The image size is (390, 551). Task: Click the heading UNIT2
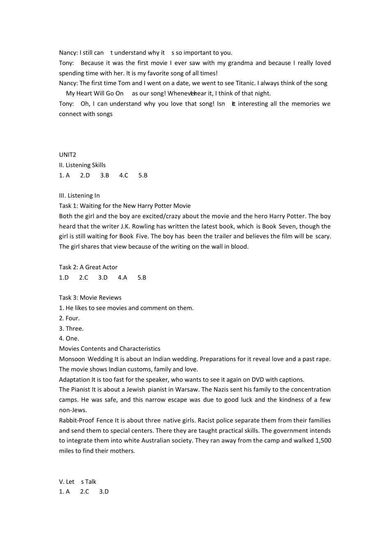click(x=67, y=155)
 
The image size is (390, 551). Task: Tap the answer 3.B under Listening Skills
click(x=105, y=175)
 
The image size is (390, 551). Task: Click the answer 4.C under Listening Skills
click(x=124, y=175)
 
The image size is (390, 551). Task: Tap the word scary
click(x=323, y=237)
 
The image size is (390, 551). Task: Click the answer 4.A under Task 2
click(x=122, y=278)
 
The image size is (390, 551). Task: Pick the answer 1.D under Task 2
click(x=64, y=278)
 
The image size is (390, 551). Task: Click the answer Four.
click(x=73, y=318)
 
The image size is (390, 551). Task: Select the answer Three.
click(x=74, y=328)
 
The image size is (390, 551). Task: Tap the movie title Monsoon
click(x=72, y=359)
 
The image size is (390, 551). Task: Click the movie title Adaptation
click(x=74, y=380)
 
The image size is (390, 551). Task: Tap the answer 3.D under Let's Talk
click(x=104, y=492)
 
